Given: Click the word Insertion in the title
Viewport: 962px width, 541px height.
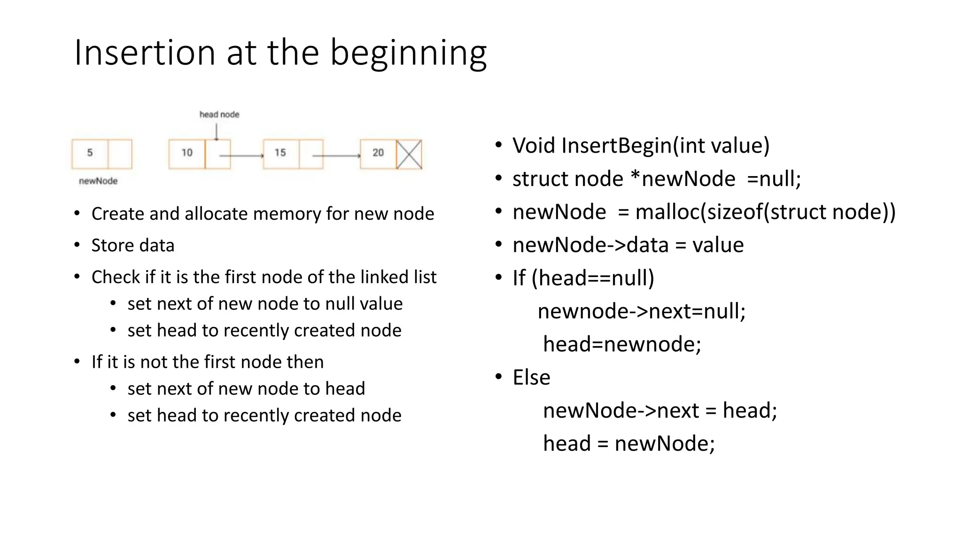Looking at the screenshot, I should pos(145,53).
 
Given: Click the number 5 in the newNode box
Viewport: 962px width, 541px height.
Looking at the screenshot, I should pos(90,153).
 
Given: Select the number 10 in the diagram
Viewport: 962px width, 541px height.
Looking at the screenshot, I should pos(187,153).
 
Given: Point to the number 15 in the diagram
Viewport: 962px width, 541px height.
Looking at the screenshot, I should pos(280,153).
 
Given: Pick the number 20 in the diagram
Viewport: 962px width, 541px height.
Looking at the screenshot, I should pos(378,153).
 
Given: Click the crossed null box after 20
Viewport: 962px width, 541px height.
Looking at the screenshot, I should pos(409,154).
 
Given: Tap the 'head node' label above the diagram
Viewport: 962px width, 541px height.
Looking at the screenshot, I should pos(219,115).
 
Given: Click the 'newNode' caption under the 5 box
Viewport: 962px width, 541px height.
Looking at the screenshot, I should pos(98,181).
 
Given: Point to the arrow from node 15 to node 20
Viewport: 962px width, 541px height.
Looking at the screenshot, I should pos(336,155).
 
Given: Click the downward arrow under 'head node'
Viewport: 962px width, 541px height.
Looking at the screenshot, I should pos(217,132).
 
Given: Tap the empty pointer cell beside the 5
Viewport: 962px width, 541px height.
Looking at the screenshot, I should pos(120,154).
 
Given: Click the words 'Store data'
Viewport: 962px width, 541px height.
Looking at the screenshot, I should pos(133,246).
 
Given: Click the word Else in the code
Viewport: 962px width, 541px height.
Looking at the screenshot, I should pos(531,378).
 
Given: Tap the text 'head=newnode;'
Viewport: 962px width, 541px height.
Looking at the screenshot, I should pos(622,344).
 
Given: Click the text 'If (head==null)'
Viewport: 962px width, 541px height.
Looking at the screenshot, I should pos(583,278).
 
